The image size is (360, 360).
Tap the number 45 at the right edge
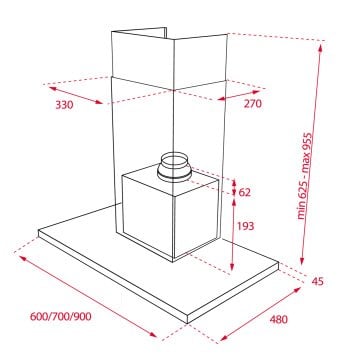point(319,281)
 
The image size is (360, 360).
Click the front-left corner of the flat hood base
point(187,322)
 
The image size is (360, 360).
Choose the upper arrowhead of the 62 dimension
point(232,181)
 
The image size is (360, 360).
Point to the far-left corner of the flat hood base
point(38,235)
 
